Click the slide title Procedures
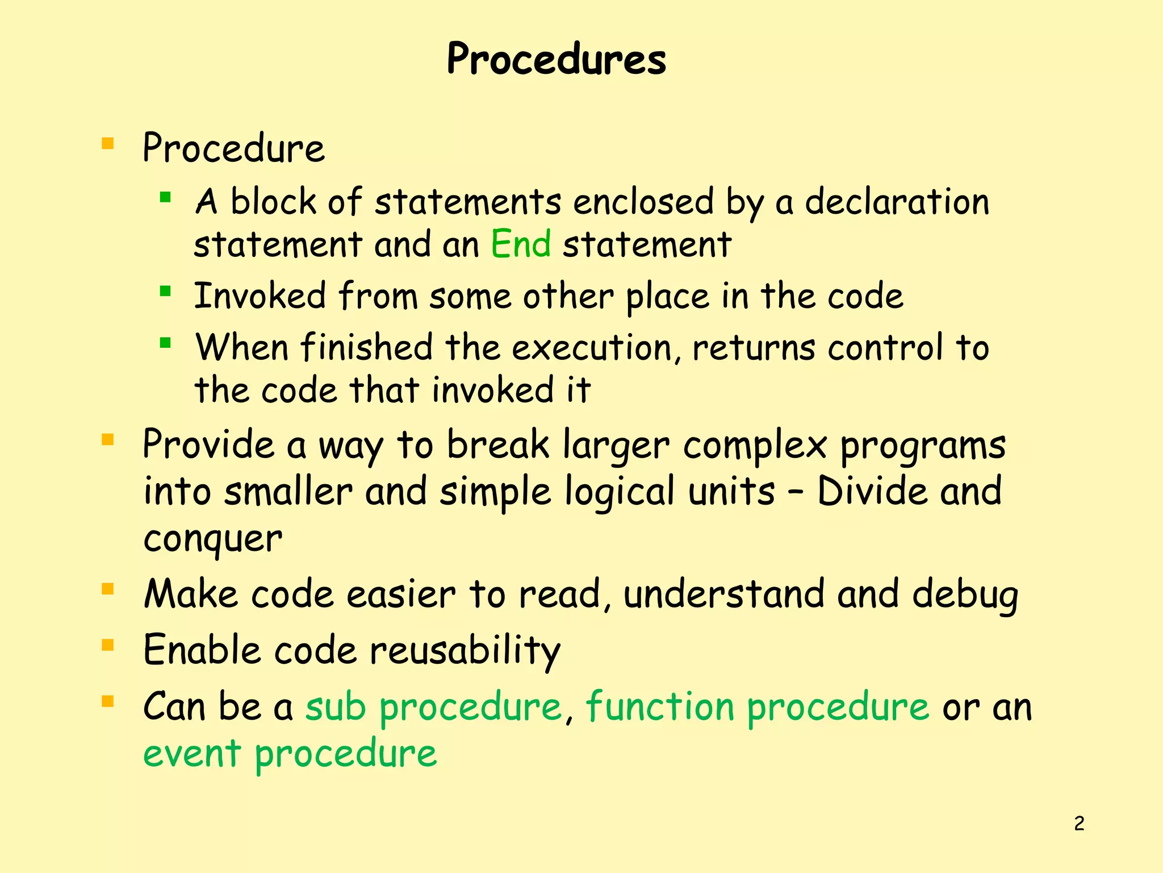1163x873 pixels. [x=556, y=59]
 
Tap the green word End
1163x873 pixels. [x=520, y=244]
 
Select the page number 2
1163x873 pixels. [x=1079, y=824]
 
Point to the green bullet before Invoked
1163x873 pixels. [x=165, y=292]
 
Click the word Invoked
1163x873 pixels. [x=260, y=296]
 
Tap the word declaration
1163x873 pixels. [x=897, y=202]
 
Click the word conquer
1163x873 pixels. [x=212, y=539]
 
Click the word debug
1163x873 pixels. [x=965, y=595]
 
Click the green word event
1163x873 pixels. [x=192, y=754]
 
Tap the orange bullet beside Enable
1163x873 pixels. [x=108, y=645]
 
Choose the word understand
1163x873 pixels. [x=724, y=594]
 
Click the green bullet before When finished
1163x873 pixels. [x=165, y=343]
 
